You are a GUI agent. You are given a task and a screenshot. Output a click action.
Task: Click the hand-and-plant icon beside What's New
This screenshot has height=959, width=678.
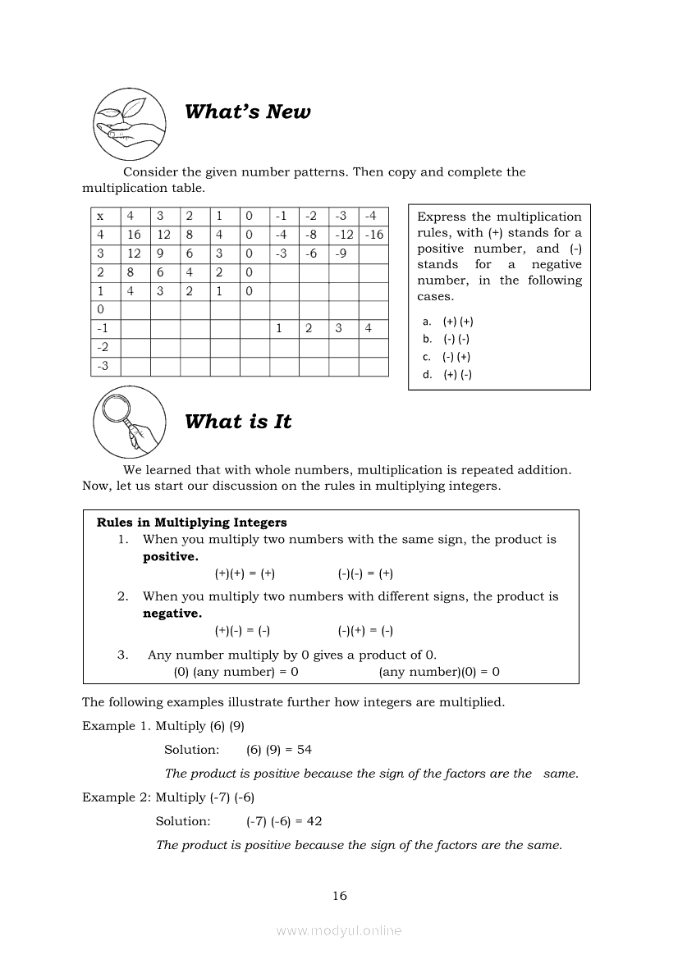126,123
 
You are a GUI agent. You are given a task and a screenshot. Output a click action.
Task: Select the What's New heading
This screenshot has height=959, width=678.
247,112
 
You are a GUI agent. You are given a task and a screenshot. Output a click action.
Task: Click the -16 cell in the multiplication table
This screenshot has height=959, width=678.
373,235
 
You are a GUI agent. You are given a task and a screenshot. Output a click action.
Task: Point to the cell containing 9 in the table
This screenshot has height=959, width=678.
164,253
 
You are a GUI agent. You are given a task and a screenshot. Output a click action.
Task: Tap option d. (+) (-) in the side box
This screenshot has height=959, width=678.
449,375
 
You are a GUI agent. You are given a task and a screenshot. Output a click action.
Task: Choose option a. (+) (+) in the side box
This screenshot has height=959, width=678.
449,322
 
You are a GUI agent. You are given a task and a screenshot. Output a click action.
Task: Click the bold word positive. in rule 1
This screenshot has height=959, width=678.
171,557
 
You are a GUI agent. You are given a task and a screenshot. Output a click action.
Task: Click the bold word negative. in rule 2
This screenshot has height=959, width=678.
172,614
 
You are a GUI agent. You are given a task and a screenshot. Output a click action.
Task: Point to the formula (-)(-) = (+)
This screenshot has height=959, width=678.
365,574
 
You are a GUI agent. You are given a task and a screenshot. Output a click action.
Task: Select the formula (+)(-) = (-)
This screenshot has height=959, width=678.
242,631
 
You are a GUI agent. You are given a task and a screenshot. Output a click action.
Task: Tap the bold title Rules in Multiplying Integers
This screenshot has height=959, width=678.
192,523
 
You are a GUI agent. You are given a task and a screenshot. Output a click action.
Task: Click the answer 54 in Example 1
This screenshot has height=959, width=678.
305,750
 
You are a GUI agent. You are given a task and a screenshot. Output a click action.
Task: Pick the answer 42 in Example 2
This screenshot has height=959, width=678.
314,821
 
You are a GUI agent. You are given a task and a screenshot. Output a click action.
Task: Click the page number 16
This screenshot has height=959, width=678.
340,896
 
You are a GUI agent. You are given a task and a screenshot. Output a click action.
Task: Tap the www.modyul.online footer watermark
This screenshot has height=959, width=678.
339,930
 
